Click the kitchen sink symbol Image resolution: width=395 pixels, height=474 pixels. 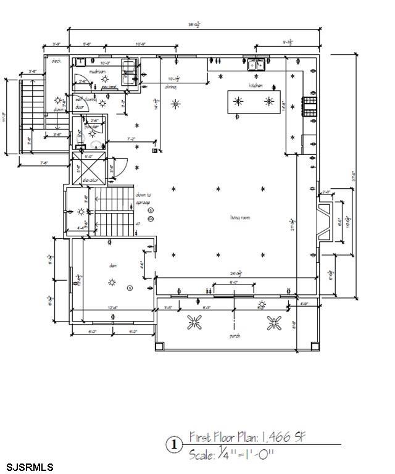[x=257, y=62]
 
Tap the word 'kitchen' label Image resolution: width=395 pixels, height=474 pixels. [x=256, y=85]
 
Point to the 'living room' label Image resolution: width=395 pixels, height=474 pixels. [x=239, y=217]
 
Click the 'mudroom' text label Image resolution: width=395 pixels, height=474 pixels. [x=98, y=72]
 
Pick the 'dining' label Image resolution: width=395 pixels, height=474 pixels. [x=172, y=87]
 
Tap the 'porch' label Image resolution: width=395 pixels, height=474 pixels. [x=235, y=336]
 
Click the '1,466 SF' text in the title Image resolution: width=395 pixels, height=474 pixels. [x=281, y=438]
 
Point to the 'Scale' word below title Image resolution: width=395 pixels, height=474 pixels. [x=200, y=455]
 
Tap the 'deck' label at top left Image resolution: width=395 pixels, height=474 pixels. [x=56, y=60]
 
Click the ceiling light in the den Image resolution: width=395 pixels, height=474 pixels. [x=112, y=282]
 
